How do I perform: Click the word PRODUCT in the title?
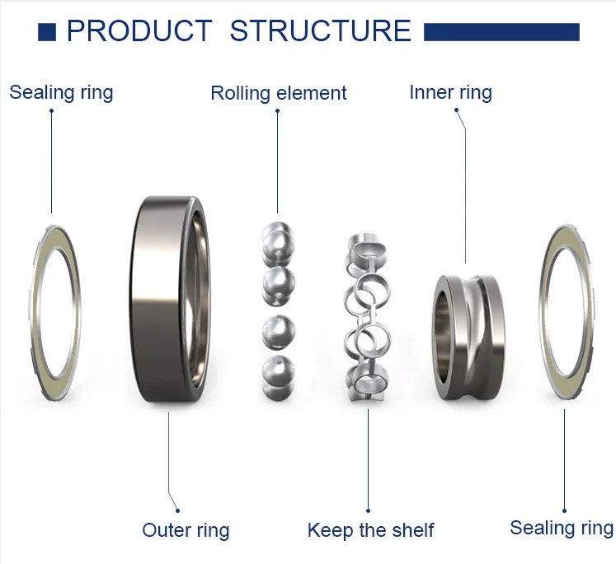[x=139, y=31]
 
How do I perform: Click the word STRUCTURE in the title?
[x=320, y=31]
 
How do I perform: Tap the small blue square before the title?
[x=47, y=32]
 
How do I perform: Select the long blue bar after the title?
[x=501, y=32]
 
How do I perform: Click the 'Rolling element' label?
[x=279, y=93]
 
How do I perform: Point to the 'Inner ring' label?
[x=450, y=92]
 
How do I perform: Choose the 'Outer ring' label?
[x=186, y=530]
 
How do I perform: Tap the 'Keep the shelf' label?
[x=370, y=530]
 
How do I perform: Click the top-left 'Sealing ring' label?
[x=61, y=91]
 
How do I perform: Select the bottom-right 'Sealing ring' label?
[x=561, y=528]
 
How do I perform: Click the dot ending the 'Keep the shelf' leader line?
[x=368, y=510]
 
